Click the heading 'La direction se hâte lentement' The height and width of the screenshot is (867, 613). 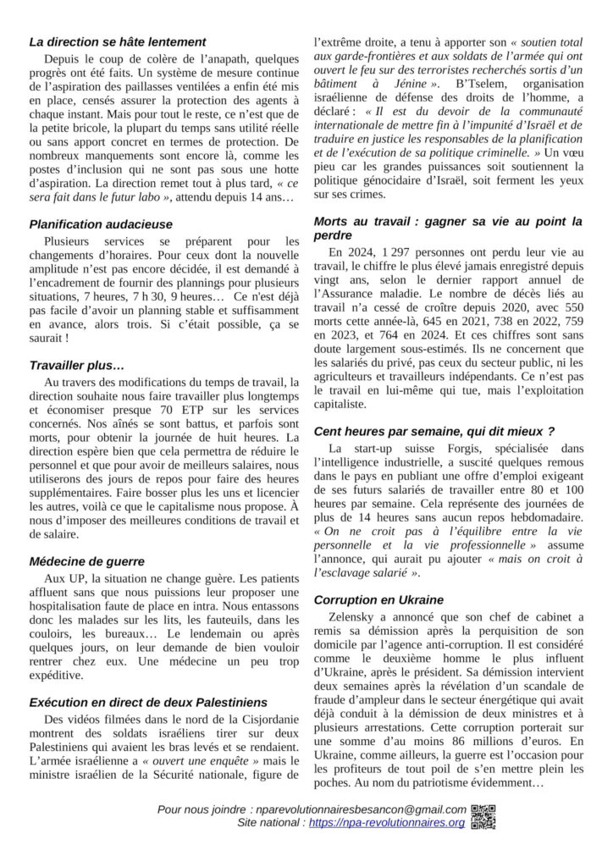pos(117,41)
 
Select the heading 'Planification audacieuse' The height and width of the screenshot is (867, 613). pos(100,224)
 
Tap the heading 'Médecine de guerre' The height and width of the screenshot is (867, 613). pos(86,561)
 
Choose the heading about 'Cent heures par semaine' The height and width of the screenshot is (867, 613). pos(434,431)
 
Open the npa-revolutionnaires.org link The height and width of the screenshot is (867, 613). pos(387,822)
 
